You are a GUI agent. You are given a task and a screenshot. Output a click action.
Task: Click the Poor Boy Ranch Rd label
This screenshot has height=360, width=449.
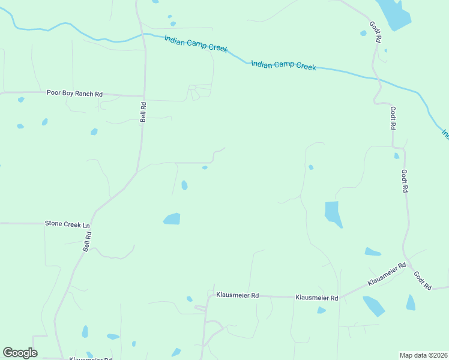[x=74, y=94]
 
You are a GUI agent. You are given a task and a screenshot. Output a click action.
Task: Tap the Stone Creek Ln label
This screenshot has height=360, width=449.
[x=67, y=224]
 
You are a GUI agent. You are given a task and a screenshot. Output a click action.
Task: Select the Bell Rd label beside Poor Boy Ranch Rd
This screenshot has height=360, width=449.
[x=143, y=112]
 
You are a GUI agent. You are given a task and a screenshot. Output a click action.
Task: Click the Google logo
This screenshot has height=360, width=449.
[x=20, y=353]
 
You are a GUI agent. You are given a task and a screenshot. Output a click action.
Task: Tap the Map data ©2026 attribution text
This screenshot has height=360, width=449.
[x=423, y=355]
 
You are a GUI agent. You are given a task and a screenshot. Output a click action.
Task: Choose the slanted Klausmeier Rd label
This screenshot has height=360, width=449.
[x=387, y=274]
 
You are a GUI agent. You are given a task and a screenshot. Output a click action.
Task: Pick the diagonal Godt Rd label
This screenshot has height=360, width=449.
[x=422, y=281]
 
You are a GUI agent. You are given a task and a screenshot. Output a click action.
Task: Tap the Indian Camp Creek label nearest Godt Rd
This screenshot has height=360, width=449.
[x=283, y=65]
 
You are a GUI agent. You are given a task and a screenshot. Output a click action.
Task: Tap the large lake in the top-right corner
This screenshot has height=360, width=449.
[x=396, y=15]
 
